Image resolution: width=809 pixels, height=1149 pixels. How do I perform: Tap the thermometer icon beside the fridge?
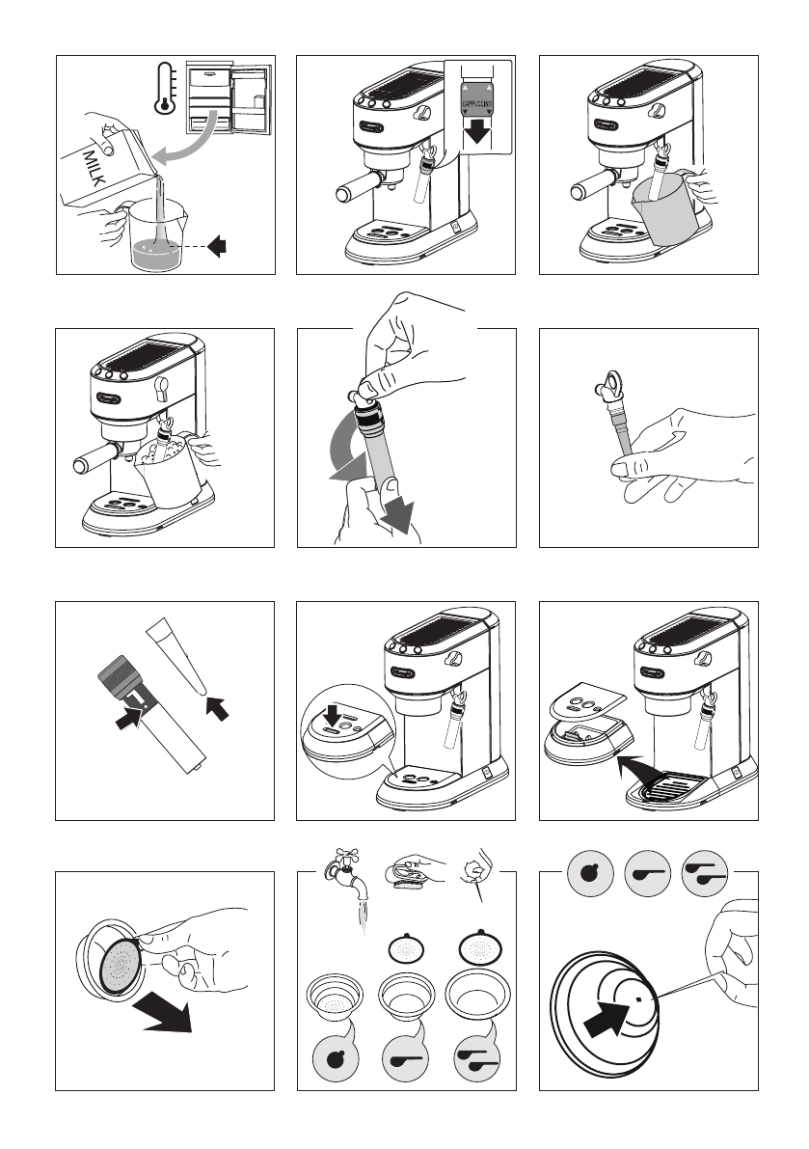(x=166, y=88)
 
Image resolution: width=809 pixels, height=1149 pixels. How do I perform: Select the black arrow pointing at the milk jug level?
(x=217, y=246)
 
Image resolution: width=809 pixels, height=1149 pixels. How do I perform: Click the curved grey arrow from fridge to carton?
(x=186, y=139)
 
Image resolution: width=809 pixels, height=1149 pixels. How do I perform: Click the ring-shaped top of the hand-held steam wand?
(x=607, y=381)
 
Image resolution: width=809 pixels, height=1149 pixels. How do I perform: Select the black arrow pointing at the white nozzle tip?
(x=217, y=709)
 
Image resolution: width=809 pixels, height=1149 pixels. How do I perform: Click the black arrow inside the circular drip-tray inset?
(x=333, y=716)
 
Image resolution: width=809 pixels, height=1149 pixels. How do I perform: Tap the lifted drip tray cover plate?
(x=586, y=700)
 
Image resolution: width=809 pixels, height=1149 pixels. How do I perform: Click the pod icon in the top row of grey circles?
(x=590, y=873)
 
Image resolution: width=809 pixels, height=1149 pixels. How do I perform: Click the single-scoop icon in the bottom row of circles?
(x=405, y=1058)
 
